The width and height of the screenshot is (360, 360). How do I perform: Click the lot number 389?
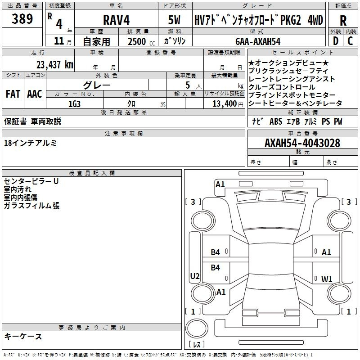(x=22, y=18)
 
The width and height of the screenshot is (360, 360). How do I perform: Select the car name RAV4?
(x=116, y=20)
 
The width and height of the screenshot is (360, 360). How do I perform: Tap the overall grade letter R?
(x=343, y=21)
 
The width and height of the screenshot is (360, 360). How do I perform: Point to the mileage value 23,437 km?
(x=55, y=65)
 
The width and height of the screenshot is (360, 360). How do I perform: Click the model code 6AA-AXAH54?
(x=258, y=41)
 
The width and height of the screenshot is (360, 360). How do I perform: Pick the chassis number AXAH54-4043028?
(x=302, y=143)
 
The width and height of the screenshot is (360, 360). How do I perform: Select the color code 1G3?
(x=75, y=104)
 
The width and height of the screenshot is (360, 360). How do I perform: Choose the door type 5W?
(x=174, y=20)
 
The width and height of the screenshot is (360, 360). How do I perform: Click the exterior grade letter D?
(x=335, y=41)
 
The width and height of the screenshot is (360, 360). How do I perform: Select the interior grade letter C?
(x=350, y=41)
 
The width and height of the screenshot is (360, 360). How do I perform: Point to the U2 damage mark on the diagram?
(x=195, y=276)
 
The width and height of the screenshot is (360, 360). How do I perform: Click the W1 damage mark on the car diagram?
(x=327, y=279)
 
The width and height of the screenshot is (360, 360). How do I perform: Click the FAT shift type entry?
(x=13, y=94)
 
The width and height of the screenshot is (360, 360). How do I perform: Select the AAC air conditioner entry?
(x=35, y=94)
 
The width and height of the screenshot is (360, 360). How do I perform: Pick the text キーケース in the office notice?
(x=23, y=337)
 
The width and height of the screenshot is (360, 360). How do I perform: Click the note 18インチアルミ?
(x=30, y=143)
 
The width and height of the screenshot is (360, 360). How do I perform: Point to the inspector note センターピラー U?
(x=31, y=181)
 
